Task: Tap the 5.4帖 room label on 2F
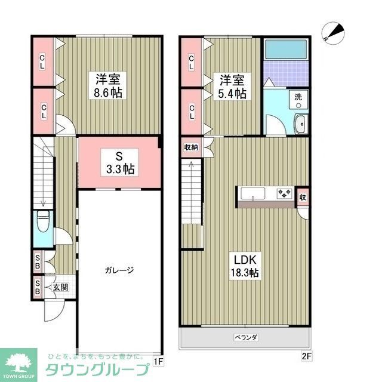pos(232,87)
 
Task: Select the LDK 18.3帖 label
pos(245,266)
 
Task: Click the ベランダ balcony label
pos(245,337)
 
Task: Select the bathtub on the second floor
pos(286,49)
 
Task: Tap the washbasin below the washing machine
pos(300,124)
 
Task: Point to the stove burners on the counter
pos(284,193)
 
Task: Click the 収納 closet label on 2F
pos(190,147)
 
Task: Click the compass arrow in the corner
pos(330,32)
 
